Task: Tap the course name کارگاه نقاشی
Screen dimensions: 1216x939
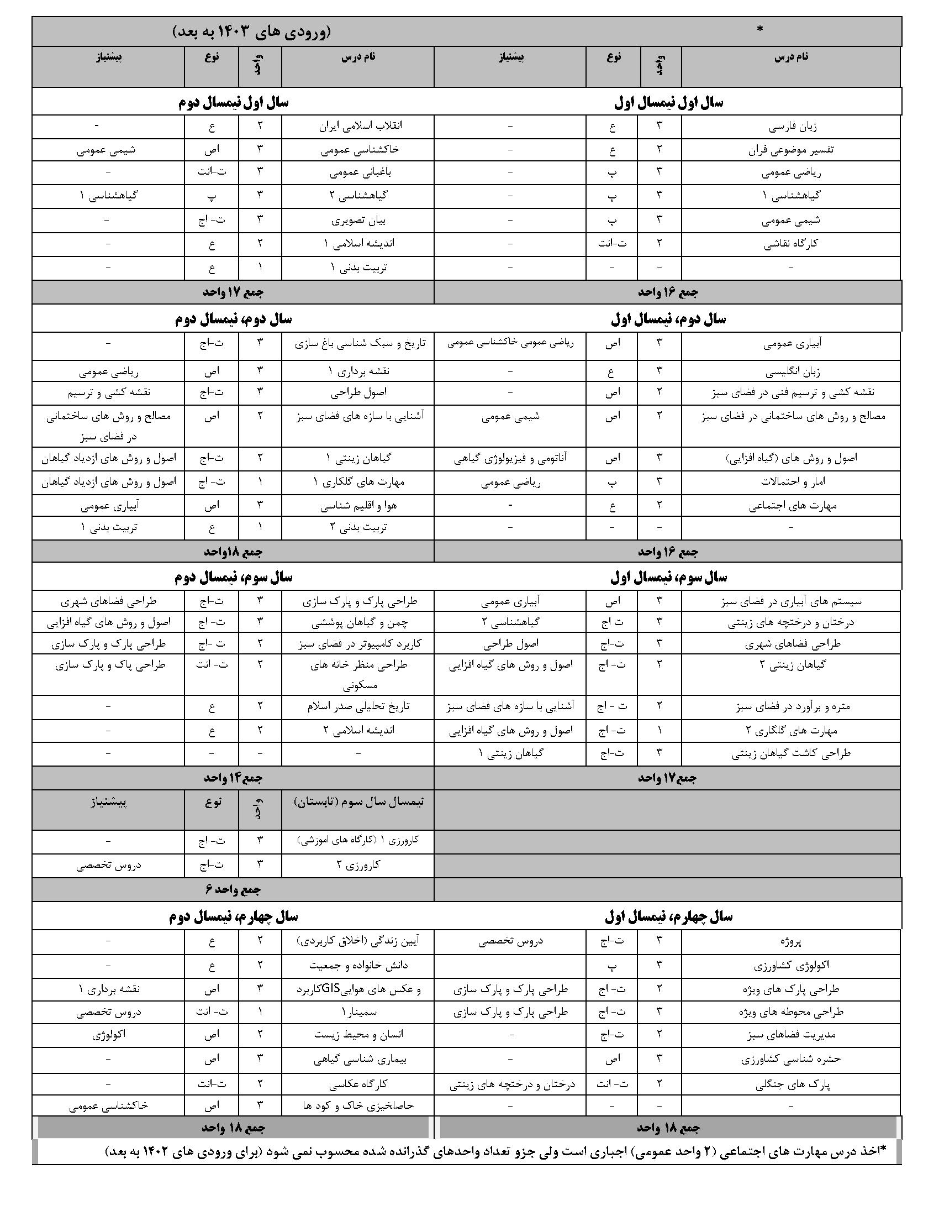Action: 791,243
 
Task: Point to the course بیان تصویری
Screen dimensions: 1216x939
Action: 358,220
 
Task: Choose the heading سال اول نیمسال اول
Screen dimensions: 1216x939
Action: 669,102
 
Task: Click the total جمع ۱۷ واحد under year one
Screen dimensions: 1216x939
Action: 233,292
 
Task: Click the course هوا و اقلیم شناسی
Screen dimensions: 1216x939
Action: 358,506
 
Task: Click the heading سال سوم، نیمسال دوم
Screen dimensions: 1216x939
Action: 234,578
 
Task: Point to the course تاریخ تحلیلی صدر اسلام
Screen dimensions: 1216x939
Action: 358,706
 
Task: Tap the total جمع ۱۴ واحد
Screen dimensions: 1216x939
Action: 233,778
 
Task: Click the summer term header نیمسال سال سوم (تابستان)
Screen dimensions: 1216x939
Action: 358,803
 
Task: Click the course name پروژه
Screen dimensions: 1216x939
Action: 790,941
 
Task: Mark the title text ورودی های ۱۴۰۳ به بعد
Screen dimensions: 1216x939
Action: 251,32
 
